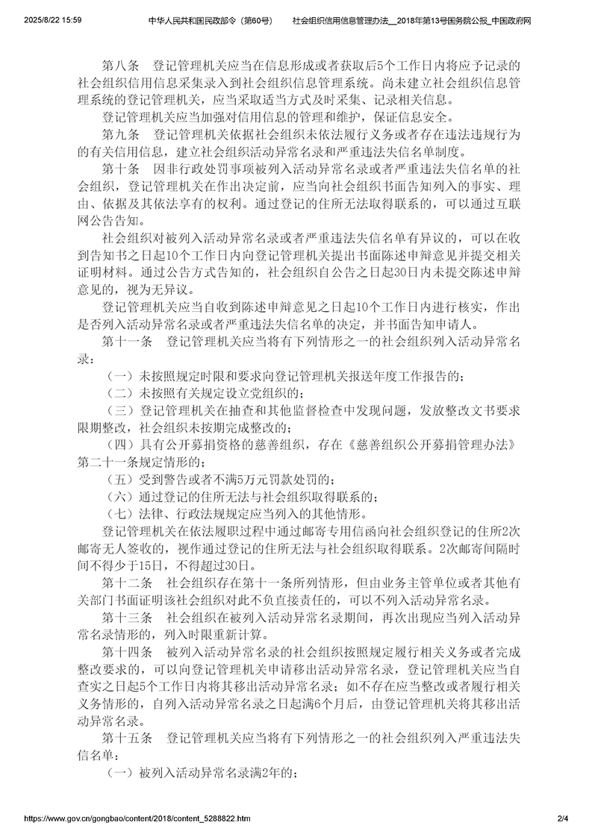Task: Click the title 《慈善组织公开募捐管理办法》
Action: pyautogui.click(x=431, y=445)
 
